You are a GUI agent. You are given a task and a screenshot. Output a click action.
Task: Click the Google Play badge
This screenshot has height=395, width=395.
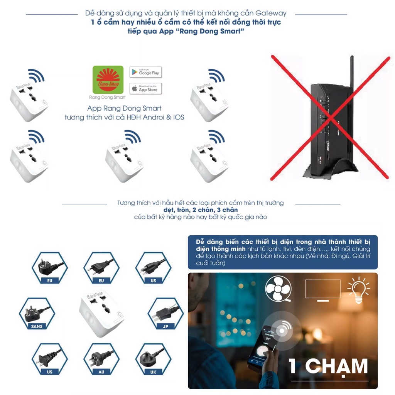point(145,72)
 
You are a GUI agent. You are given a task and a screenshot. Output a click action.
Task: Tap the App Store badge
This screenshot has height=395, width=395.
point(145,89)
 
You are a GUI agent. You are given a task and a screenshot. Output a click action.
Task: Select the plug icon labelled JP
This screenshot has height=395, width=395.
point(166,313)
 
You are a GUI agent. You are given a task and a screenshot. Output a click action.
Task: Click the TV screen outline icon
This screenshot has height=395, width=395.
point(323,289)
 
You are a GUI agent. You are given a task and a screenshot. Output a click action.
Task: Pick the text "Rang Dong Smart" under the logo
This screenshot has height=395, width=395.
point(108,97)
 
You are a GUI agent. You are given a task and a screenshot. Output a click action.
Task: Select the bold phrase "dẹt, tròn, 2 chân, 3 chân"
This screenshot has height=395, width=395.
point(200,210)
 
